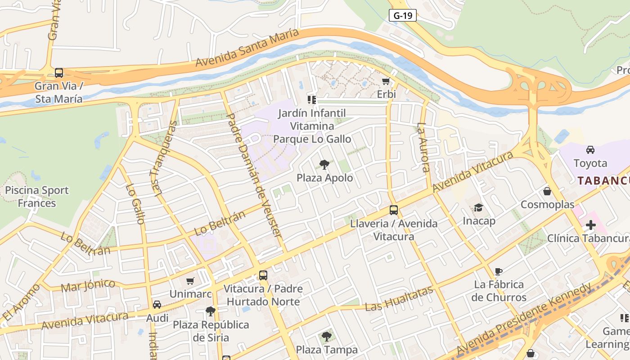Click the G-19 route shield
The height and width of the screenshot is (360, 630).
click(403, 15)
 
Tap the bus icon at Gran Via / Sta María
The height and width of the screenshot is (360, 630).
click(59, 72)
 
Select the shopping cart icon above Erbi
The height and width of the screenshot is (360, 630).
click(386, 81)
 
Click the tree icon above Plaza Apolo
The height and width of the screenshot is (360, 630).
click(324, 165)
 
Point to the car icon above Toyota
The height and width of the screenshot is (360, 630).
click(590, 150)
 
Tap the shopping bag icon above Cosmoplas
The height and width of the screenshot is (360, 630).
click(547, 192)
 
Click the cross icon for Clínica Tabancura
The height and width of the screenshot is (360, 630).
click(590, 225)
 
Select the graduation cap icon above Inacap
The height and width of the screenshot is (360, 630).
click(479, 207)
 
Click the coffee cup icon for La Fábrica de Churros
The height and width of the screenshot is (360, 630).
click(499, 271)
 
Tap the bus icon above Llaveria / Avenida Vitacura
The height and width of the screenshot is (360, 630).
click(394, 210)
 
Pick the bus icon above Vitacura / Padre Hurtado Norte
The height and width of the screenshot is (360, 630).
click(263, 275)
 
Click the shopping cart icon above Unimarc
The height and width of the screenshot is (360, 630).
click(190, 281)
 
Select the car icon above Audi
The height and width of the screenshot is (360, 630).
click(157, 305)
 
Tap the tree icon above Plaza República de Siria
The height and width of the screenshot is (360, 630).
click(210, 311)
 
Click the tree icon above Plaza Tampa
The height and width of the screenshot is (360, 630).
click(327, 336)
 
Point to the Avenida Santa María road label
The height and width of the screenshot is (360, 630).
click(247, 48)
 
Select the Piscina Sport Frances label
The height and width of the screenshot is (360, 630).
click(37, 197)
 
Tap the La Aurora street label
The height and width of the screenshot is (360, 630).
click(423, 148)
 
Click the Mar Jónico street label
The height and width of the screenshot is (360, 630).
click(88, 285)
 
